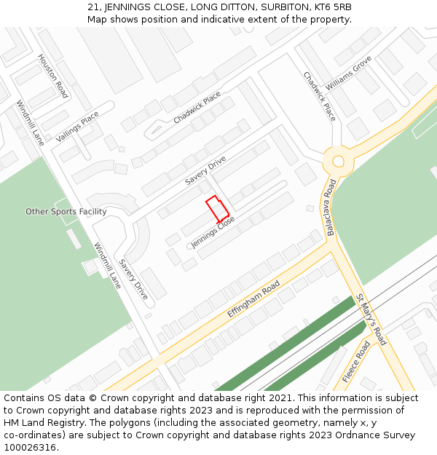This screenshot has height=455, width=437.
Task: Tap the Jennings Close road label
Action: pos(213,231)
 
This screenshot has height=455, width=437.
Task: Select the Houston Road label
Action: pos(52,76)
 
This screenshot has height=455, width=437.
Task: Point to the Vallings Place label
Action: pos(77,127)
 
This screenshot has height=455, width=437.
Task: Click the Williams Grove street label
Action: pos(348,73)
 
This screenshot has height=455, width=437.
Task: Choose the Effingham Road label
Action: pos(253,298)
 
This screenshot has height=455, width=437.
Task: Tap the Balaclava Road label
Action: pos(331,206)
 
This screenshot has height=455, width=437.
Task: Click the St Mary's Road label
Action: pos(371,319)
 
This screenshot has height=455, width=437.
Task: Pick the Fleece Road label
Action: pos(356,361)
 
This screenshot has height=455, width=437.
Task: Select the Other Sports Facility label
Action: pos(66,212)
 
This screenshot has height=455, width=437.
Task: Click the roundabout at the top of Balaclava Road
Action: pos(337,161)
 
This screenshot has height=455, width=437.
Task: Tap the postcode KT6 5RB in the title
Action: pos(334,7)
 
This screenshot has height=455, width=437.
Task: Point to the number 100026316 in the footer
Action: pos(30,447)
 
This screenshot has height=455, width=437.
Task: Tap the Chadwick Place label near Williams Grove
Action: pos(320,96)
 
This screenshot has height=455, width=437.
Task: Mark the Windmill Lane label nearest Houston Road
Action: pos(31,122)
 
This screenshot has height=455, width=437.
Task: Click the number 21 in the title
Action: pos(92,7)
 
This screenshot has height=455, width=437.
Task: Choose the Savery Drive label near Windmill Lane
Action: pos(133,280)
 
